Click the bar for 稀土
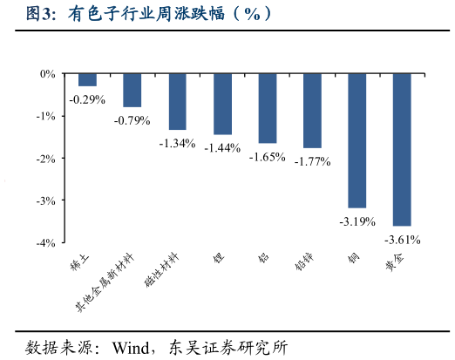(x=87, y=80)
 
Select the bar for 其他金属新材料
(x=132, y=91)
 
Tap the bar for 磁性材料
(x=177, y=102)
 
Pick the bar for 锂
(x=222, y=105)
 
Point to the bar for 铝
(x=267, y=109)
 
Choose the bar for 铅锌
(x=312, y=112)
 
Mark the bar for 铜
(x=357, y=141)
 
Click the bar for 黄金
(x=402, y=150)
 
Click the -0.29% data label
(x=87, y=99)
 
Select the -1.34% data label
(x=177, y=144)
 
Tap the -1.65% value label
(x=267, y=157)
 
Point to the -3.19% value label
(x=357, y=221)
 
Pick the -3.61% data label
(x=402, y=239)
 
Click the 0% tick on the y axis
(x=48, y=74)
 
